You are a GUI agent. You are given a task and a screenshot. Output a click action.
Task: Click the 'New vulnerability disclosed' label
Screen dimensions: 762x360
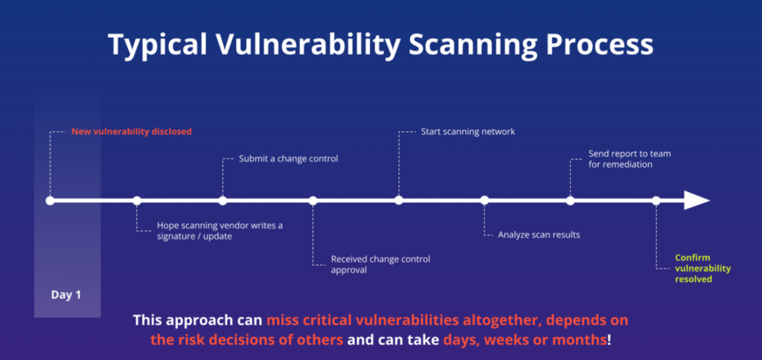click(132, 131)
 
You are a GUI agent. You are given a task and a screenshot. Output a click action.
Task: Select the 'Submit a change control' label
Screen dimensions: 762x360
click(288, 158)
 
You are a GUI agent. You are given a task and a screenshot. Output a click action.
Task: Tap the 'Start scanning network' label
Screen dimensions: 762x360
click(468, 131)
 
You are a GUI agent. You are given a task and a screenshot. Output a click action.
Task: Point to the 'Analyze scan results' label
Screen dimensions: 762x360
click(539, 234)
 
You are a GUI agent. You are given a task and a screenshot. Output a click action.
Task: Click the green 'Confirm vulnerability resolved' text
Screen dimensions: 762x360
click(702, 269)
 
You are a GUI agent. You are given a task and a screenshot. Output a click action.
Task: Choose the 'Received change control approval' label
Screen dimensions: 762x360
click(380, 264)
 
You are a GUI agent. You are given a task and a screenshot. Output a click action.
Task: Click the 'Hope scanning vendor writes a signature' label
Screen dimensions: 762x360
click(220, 231)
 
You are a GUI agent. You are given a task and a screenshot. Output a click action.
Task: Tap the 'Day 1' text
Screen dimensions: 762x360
click(66, 295)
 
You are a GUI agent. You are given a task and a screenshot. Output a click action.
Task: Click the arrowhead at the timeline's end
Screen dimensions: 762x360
click(697, 200)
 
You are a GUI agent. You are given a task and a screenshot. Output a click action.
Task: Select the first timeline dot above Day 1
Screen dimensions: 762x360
click(50, 200)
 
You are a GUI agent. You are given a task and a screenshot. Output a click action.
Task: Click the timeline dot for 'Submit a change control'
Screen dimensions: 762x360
click(222, 200)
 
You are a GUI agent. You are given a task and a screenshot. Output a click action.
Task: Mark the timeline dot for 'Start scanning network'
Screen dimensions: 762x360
click(399, 200)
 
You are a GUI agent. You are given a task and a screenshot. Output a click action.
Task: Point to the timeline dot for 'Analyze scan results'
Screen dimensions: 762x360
click(484, 200)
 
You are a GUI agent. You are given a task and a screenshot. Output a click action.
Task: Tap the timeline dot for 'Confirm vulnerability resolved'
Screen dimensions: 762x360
click(656, 200)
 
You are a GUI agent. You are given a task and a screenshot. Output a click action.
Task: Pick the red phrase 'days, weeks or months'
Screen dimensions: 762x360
click(525, 339)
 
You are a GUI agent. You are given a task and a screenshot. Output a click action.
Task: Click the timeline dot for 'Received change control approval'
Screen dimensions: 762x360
click(313, 200)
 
